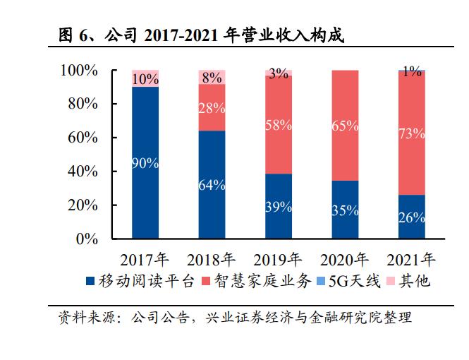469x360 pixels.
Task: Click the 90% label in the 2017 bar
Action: (x=145, y=163)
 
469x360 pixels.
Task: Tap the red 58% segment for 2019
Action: (x=278, y=125)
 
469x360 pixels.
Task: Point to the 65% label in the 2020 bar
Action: (x=344, y=126)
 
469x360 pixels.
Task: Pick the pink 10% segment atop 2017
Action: (x=145, y=78)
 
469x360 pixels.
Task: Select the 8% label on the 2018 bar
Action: (x=212, y=78)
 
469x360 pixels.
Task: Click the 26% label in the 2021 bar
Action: (x=411, y=217)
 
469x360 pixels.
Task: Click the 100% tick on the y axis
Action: (x=79, y=71)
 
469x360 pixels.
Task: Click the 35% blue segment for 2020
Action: (x=344, y=210)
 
